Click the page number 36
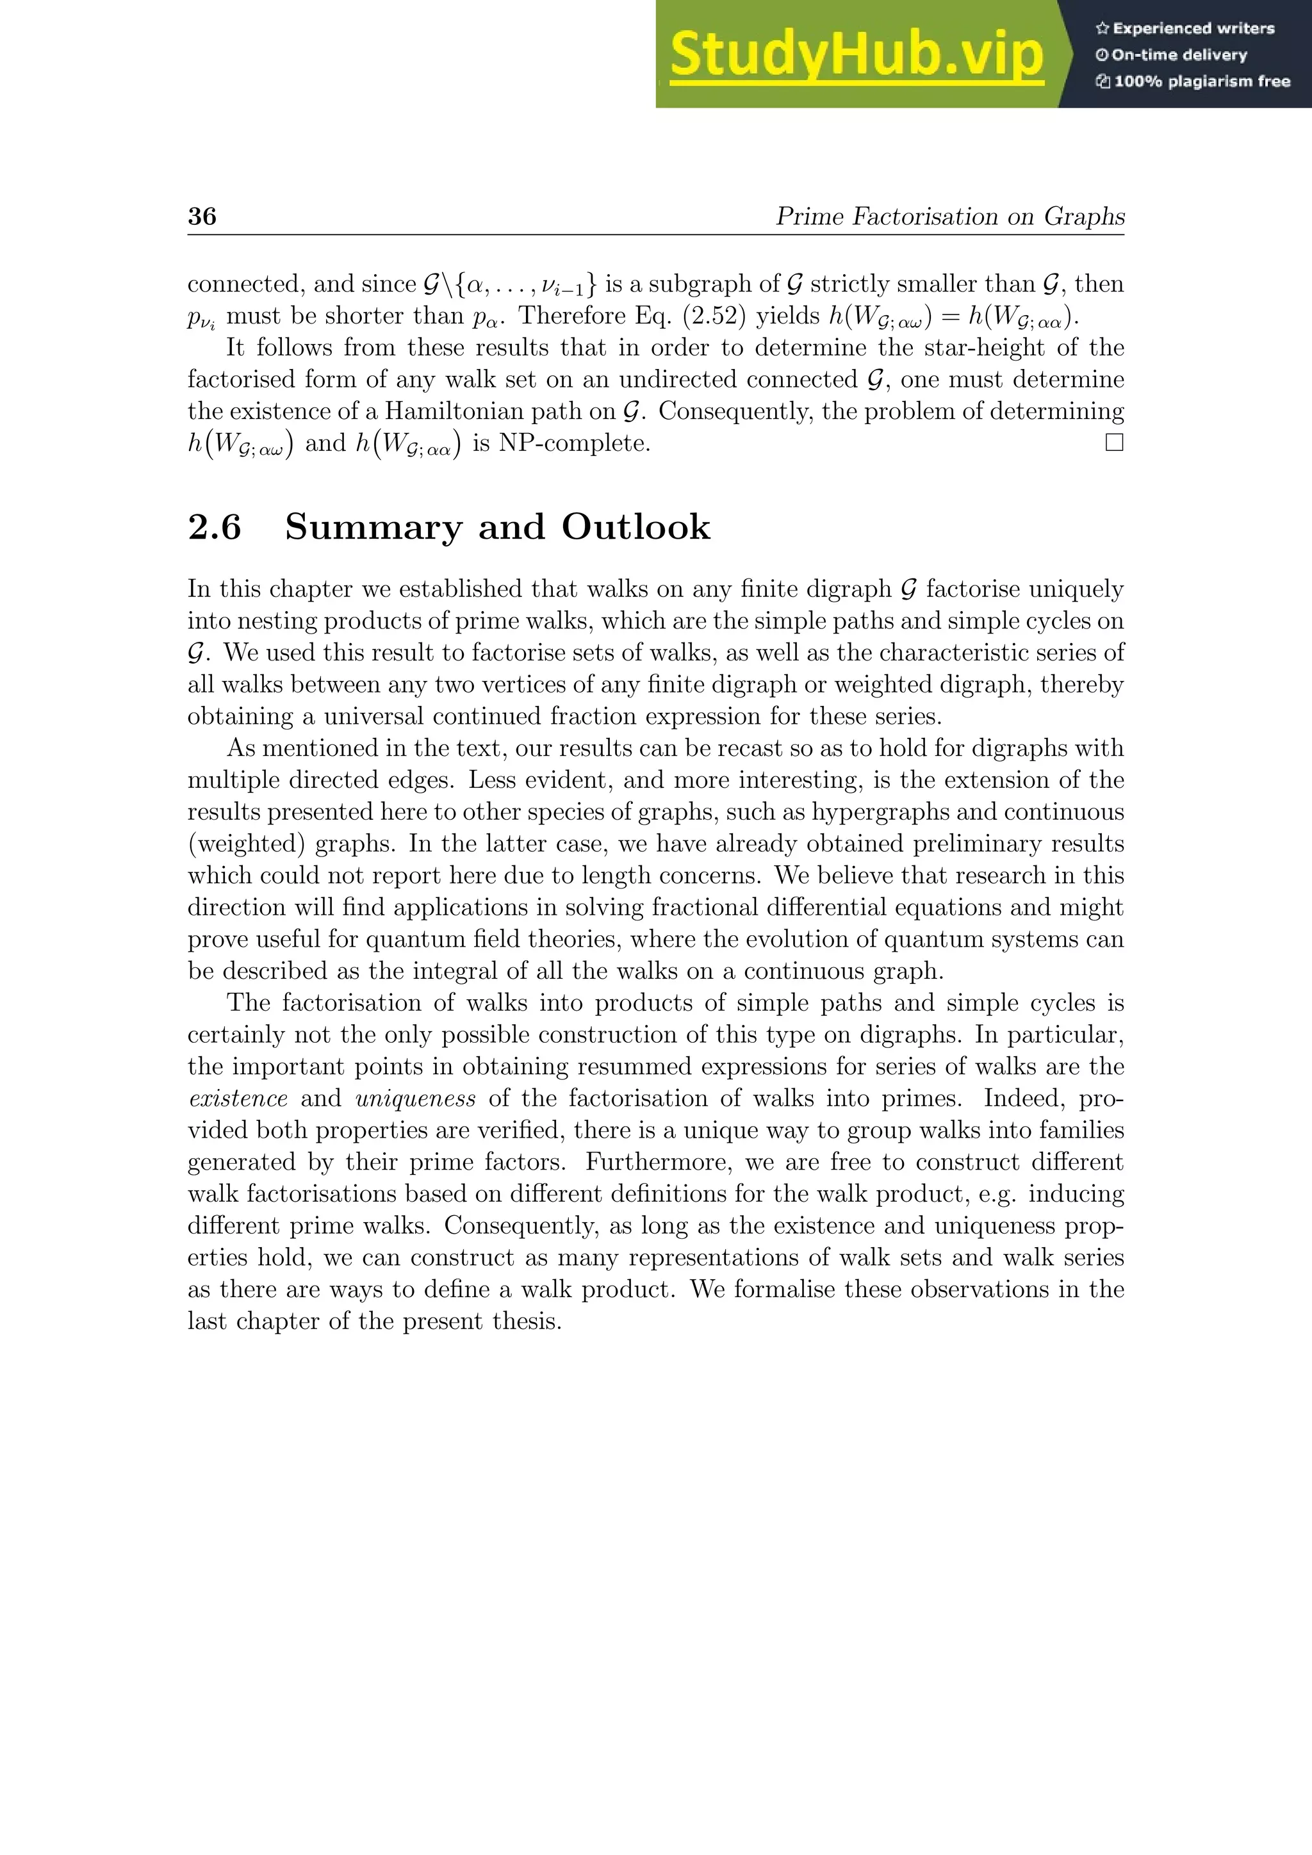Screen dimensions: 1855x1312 (x=202, y=216)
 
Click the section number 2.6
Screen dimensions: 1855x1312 (x=215, y=528)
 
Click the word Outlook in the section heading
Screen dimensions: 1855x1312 (x=635, y=528)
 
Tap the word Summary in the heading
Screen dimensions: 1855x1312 (x=373, y=528)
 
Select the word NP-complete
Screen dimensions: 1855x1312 (x=573, y=443)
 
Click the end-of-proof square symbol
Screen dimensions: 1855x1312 (x=1114, y=443)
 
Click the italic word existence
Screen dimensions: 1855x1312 (x=238, y=1099)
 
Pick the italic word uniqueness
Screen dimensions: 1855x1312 (x=415, y=1099)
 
